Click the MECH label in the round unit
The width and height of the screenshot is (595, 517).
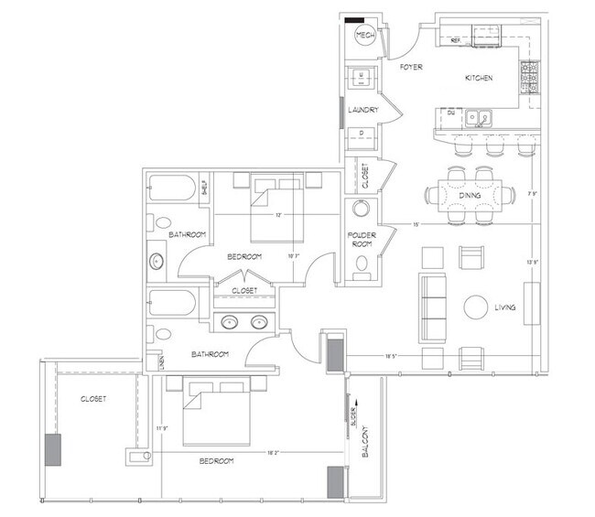364,36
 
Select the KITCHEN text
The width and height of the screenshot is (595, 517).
480,79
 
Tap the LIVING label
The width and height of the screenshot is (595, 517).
503,308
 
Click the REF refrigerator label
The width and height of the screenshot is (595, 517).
454,41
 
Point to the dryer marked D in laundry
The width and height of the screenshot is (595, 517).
362,132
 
